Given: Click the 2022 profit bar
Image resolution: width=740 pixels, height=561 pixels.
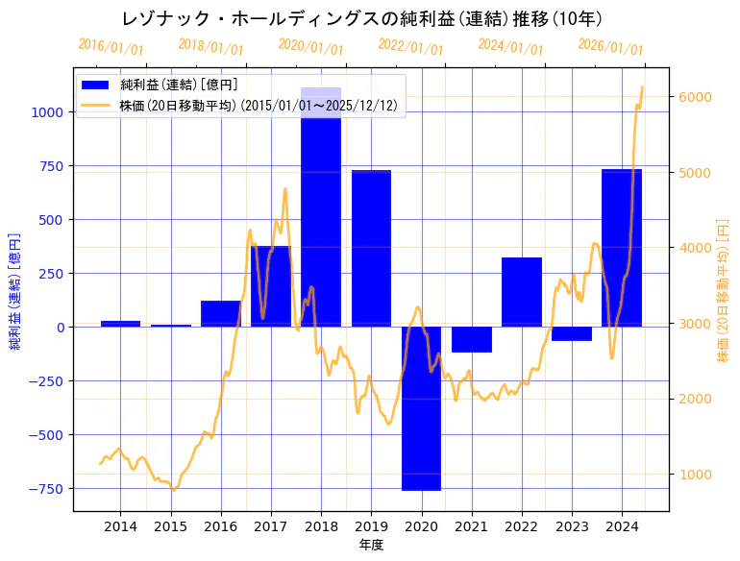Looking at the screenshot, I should click(521, 292).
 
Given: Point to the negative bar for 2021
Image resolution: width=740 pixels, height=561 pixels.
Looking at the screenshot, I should click(471, 339).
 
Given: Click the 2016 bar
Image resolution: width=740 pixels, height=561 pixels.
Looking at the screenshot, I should click(221, 314).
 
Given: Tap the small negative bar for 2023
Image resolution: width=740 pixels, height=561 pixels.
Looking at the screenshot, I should click(571, 333).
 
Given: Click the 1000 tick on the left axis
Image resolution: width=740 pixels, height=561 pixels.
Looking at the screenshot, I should click(48, 112).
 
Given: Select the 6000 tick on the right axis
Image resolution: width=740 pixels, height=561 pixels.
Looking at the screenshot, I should click(695, 97).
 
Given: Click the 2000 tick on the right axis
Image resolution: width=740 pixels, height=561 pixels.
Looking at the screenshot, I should click(695, 399).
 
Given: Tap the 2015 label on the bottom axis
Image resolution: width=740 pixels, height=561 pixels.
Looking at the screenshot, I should click(171, 526).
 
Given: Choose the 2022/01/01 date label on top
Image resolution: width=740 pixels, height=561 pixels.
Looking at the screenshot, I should click(410, 47).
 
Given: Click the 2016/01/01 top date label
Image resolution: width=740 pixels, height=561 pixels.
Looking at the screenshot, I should click(111, 46).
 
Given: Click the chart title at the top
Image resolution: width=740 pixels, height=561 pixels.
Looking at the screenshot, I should click(362, 19).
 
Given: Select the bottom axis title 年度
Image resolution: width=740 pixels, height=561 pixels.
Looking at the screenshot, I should click(371, 545).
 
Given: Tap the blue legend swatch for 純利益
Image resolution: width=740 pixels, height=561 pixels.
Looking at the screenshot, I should click(96, 85).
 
